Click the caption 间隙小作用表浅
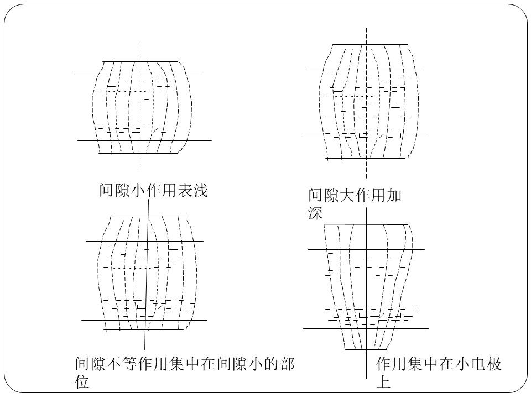[153, 190]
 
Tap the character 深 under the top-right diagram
[315, 213]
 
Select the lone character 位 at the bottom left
[82, 382]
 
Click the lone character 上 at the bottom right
[383, 382]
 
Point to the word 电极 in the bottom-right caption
[486, 364]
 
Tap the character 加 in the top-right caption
[394, 195]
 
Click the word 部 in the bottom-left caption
[287, 364]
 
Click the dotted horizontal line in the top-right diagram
[357, 96]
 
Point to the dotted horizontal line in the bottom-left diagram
[135, 268]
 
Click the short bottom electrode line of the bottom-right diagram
[366, 349]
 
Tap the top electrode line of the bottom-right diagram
[366, 224]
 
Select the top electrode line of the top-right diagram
[370, 44]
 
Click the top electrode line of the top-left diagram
[140, 61]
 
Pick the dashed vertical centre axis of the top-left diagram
[140, 105]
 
